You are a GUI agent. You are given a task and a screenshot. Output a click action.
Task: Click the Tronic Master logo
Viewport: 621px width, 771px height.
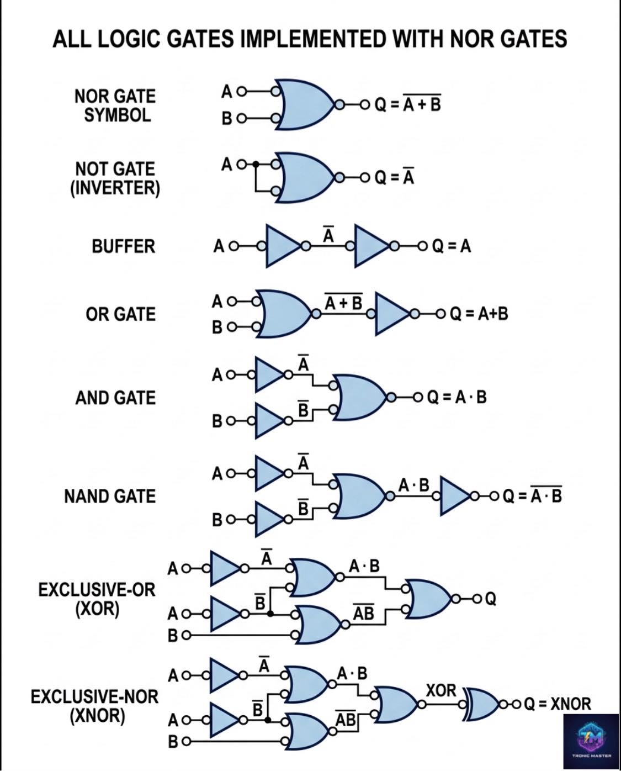592,741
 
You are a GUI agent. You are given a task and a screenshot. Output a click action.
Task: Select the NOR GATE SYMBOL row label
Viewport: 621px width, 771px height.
115,105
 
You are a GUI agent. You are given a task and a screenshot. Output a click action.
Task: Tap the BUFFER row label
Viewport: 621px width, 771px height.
124,246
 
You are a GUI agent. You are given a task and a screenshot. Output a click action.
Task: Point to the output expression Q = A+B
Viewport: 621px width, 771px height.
479,314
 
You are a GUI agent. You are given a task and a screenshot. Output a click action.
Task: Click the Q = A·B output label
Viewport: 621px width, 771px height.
457,397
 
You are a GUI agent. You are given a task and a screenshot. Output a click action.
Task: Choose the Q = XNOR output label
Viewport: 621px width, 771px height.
558,704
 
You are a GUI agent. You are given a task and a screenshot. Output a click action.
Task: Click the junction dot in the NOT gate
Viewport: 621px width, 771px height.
256,164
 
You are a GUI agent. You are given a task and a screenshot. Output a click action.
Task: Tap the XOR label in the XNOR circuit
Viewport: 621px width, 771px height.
441,691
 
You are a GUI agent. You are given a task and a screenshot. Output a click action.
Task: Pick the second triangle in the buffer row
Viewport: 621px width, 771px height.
371,246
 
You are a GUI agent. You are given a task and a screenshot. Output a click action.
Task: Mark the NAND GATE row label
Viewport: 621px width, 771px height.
110,497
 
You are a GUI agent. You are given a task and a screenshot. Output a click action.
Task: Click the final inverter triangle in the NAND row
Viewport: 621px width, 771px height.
454,496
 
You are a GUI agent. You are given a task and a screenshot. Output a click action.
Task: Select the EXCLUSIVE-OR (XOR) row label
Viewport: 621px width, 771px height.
97,599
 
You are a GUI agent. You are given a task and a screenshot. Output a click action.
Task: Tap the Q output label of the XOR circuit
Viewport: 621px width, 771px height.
491,598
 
